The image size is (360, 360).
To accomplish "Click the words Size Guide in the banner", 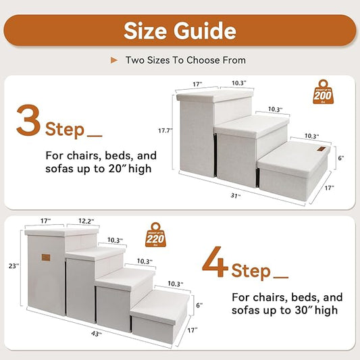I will pyautogui.click(x=180, y=30).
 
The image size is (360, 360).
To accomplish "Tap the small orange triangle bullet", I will pyautogui.click(x=115, y=60).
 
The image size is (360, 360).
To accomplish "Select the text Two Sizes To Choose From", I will pyautogui.click(x=185, y=60).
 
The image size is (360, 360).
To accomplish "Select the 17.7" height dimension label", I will pyautogui.click(x=165, y=130).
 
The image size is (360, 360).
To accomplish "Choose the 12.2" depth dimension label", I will pyautogui.click(x=86, y=222).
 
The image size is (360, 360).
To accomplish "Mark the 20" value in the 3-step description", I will pyautogui.click(x=132, y=168).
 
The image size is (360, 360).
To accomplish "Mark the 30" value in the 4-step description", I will pyautogui.click(x=319, y=311).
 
